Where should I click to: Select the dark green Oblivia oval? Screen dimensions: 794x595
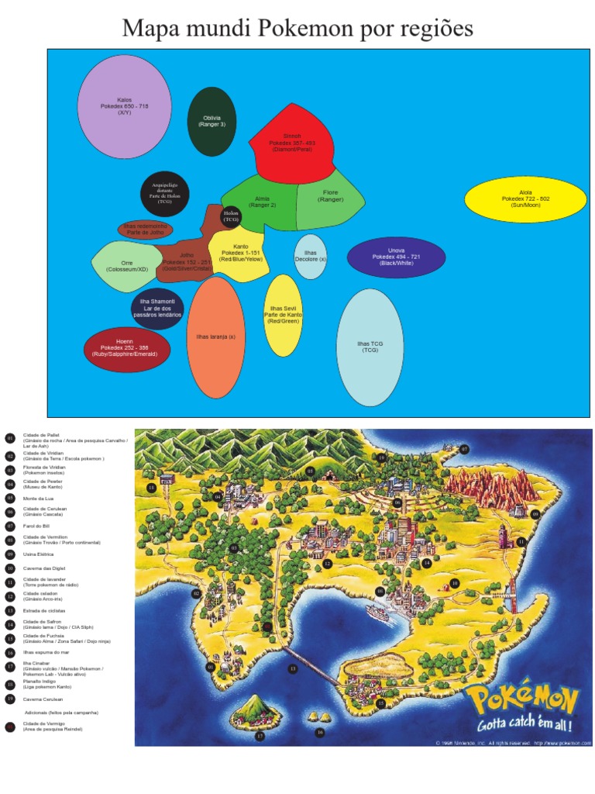tap(212, 122)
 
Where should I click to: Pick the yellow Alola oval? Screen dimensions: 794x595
tap(526, 199)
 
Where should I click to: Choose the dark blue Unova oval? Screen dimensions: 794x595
tap(396, 257)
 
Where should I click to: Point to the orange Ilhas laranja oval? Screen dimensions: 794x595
tap(216, 337)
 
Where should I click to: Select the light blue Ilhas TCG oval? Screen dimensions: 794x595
tap(370, 347)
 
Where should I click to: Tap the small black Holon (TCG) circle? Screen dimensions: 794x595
tap(231, 216)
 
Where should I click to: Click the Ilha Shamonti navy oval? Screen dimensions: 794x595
tap(157, 309)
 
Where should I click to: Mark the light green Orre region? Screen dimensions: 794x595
tap(126, 266)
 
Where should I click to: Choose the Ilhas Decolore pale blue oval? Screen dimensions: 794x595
tap(311, 257)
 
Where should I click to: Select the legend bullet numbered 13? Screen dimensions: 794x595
tap(10, 610)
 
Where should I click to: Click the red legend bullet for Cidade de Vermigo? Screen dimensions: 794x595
tap(10, 727)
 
